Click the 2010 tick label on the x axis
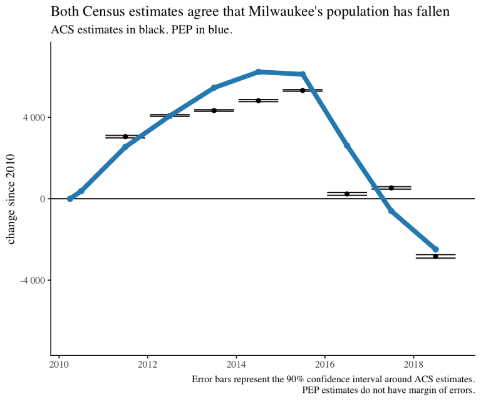click(59, 363)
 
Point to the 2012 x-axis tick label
click(147, 363)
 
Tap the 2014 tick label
click(236, 363)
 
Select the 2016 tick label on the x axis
click(324, 363)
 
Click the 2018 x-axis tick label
click(413, 363)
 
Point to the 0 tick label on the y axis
click(43, 199)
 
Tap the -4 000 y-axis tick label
click(32, 280)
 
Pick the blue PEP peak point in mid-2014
click(258, 72)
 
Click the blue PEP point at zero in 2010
click(70, 199)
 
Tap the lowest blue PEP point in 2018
click(436, 249)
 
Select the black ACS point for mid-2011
click(125, 137)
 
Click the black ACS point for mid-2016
click(347, 194)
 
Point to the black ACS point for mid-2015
click(303, 90)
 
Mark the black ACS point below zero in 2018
click(436, 256)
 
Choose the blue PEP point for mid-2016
click(347, 145)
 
